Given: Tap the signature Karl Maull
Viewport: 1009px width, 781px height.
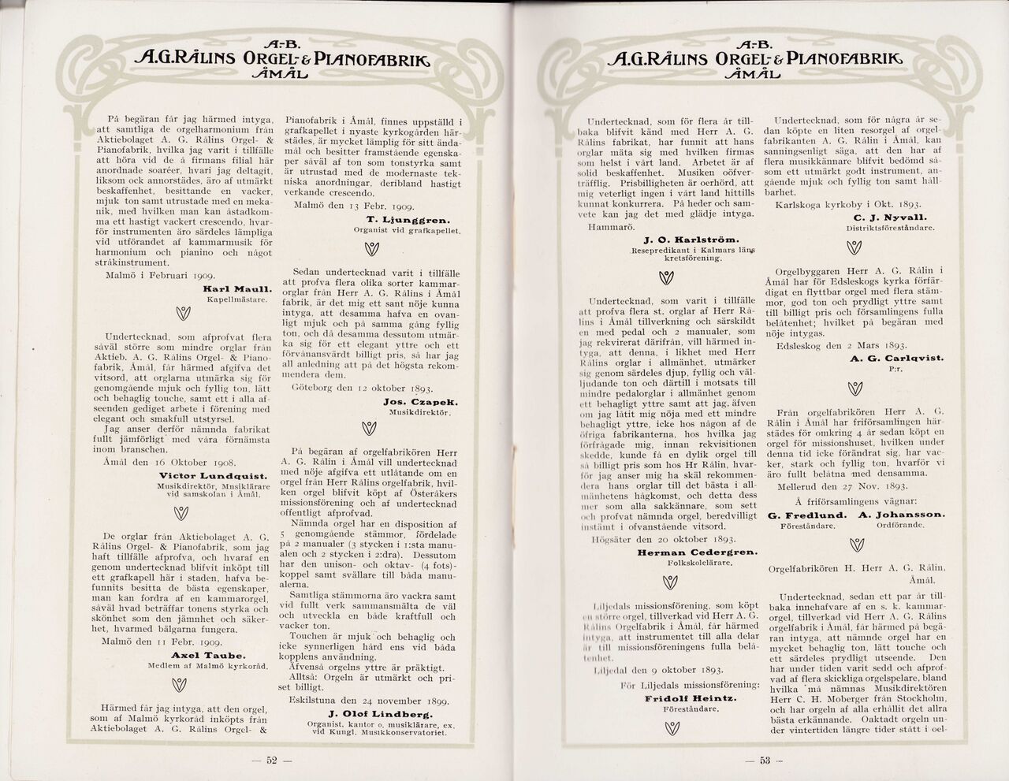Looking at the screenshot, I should pyautogui.click(x=238, y=288).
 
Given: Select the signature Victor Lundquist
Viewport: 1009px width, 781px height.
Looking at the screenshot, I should pyautogui.click(x=213, y=475).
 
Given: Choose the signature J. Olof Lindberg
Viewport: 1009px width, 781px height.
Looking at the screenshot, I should pyautogui.click(x=388, y=713).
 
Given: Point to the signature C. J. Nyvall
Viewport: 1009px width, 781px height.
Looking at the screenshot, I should pyautogui.click(x=890, y=217).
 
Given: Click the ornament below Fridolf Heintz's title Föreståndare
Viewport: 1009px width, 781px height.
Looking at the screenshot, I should pyautogui.click(x=671, y=729).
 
